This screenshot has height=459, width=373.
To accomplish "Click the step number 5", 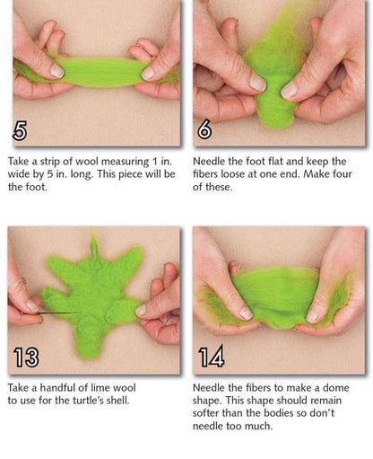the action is coord(20,130).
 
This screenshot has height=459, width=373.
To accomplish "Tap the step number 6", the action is coord(204,129).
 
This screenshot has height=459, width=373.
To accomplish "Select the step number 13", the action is coord(26,357).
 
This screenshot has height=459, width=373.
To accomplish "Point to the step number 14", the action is coord(212,357).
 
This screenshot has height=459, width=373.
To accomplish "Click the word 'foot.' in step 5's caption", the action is coord(35,187).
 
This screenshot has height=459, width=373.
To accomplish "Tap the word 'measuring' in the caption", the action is coord(125,162).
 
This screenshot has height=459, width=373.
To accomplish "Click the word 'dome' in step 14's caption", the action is coord(335,388).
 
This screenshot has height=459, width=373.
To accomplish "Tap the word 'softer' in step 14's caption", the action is coord(205,413).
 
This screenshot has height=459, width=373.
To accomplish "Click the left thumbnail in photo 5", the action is coord(56,72).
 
